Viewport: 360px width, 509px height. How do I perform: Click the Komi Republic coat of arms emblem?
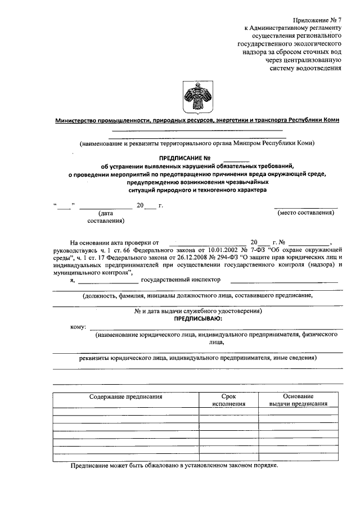195,97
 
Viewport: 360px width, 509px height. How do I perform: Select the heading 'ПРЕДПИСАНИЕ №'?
185,157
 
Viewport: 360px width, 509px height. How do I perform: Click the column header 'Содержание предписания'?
126,397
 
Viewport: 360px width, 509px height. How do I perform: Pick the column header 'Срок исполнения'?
229,400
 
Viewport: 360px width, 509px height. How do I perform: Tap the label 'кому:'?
78,327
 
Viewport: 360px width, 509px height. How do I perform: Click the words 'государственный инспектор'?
181,279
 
